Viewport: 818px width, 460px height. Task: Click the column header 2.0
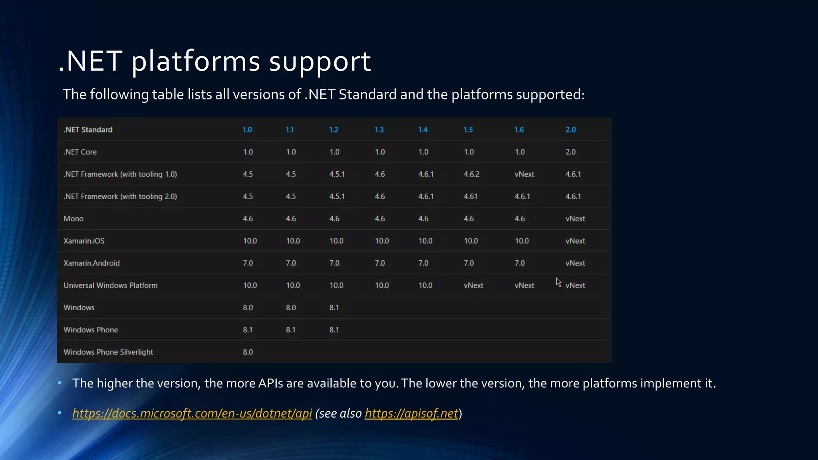(570, 130)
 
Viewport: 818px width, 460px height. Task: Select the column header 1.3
(379, 130)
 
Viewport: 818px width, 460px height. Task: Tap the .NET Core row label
(80, 152)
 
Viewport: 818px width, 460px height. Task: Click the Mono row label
(73, 219)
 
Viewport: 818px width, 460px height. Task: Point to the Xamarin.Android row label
(91, 263)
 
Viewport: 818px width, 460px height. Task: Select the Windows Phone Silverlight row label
(108, 352)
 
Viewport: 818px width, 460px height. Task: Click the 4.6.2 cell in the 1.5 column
(471, 174)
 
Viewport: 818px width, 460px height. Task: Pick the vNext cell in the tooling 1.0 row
(524, 174)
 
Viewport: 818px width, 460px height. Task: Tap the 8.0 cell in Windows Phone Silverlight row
(248, 352)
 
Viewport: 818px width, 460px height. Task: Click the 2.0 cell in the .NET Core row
(570, 152)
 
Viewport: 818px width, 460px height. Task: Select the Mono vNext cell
(575, 219)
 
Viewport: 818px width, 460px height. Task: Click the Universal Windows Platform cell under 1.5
(473, 286)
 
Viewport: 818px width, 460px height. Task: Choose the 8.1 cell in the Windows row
(334, 308)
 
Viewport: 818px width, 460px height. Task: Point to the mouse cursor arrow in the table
(558, 282)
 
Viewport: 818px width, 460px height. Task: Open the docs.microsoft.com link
(192, 413)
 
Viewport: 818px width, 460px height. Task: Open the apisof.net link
(411, 413)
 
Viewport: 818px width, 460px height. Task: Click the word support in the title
(320, 62)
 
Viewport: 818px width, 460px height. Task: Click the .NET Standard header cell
(88, 130)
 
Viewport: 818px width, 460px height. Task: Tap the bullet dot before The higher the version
(60, 383)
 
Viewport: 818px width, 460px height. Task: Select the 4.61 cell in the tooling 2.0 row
(470, 196)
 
